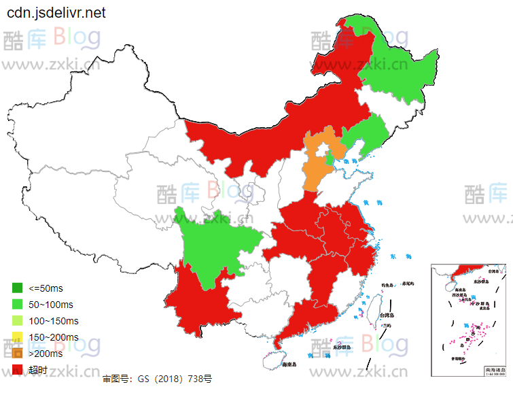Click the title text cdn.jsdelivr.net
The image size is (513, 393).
click(x=56, y=14)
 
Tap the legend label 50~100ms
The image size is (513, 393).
click(x=51, y=305)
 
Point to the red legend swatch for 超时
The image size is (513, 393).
click(x=18, y=370)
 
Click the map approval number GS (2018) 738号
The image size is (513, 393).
click(x=157, y=379)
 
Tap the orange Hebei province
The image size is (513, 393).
click(x=315, y=170)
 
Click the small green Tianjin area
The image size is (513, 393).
click(x=330, y=159)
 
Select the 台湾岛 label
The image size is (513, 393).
click(x=387, y=315)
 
